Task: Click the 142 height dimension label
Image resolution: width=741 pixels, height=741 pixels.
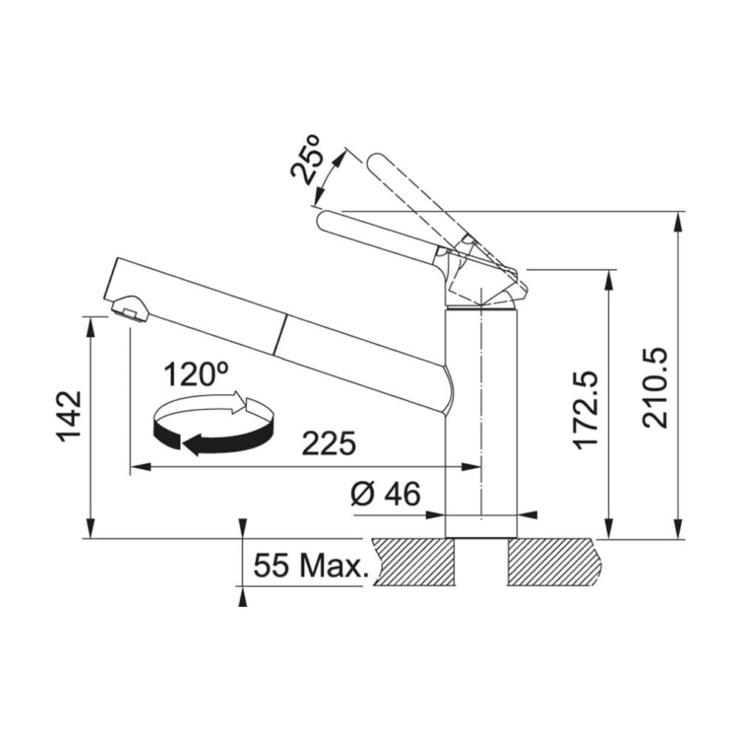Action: point(70,416)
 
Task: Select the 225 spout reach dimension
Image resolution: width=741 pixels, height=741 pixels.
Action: point(328,443)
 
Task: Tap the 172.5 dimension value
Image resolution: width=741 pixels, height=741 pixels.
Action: point(585,410)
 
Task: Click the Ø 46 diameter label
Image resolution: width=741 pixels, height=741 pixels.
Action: point(385,494)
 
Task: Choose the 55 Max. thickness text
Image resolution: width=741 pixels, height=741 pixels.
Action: point(310,565)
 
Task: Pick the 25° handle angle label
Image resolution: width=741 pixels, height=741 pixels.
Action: point(306,159)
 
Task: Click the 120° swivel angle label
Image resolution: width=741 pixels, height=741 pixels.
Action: point(196,374)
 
